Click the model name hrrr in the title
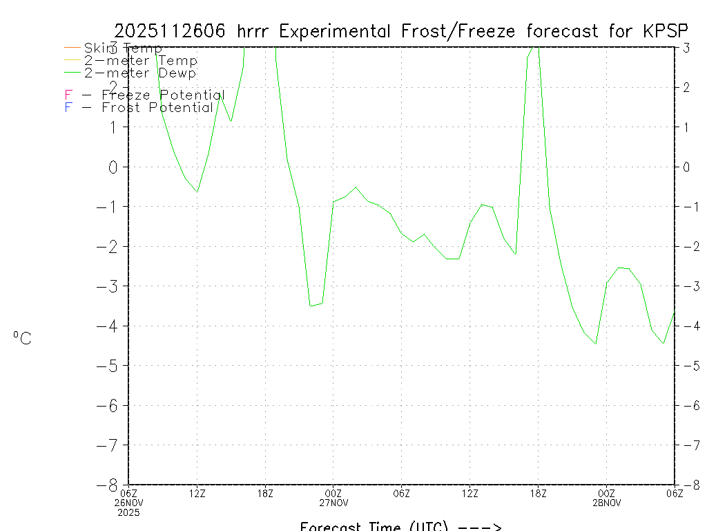point(255,31)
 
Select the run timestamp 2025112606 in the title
point(172,31)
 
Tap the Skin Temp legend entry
point(123,48)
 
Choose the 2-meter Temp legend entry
point(141,61)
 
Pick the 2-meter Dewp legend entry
point(140,73)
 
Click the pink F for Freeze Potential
point(68,95)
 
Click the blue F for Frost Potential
point(68,107)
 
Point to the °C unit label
point(22,338)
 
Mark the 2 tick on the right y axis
point(686,87)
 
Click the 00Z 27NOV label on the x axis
point(333,497)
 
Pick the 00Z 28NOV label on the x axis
point(606,497)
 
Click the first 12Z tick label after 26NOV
point(197,493)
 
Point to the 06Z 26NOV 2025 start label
point(129,502)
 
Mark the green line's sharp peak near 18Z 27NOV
point(538,47)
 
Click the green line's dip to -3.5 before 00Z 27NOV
point(311,305)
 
